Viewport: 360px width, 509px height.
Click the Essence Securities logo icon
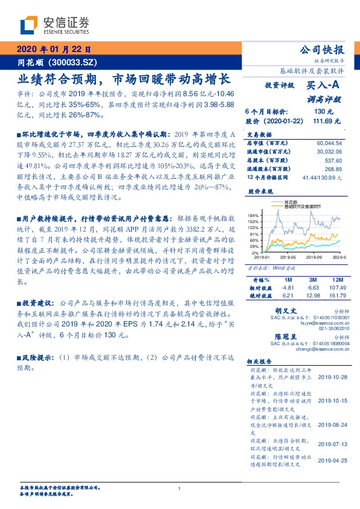click(x=29, y=25)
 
